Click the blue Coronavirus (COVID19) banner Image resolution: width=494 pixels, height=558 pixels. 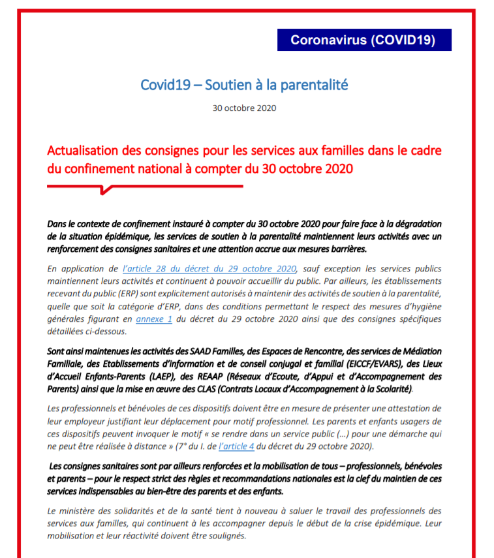click(x=364, y=40)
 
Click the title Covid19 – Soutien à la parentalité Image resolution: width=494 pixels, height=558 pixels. click(x=244, y=85)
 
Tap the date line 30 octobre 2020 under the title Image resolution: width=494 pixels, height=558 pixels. click(x=244, y=108)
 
